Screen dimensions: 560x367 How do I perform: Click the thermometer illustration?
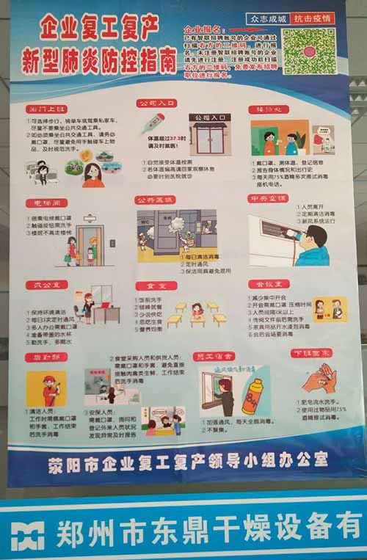[x=153, y=123]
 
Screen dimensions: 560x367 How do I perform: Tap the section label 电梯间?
[x=46, y=202]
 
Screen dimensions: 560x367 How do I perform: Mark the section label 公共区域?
[x=156, y=200]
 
